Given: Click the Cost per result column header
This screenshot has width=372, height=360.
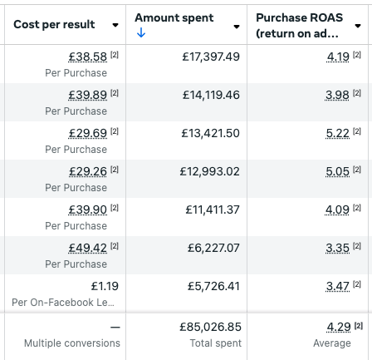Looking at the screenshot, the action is click(x=54, y=24).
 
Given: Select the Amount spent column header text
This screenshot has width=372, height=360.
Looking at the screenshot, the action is click(x=174, y=18).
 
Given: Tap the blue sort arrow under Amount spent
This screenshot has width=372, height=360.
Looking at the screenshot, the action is click(x=141, y=33).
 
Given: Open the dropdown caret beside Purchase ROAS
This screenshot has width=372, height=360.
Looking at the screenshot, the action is click(x=358, y=26).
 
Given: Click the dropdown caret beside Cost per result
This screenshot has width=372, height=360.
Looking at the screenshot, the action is click(x=115, y=25).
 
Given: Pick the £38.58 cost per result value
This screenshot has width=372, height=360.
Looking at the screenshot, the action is click(x=88, y=57).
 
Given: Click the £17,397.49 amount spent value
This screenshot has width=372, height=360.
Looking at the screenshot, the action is click(x=211, y=57).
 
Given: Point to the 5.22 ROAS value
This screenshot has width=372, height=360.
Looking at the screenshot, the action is click(x=338, y=133).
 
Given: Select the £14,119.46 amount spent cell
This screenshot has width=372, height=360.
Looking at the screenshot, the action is click(x=211, y=95).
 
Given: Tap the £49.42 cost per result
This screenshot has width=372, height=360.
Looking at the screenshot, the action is click(x=88, y=248).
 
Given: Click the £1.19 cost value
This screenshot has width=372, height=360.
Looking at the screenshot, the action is click(x=105, y=286).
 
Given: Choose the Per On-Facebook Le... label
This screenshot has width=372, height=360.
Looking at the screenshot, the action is click(x=63, y=303).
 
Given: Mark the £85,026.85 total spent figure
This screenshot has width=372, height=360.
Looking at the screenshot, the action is click(x=210, y=327).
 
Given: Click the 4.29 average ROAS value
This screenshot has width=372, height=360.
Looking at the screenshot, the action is click(x=339, y=327).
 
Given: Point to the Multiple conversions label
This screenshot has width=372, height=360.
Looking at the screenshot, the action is click(x=72, y=343).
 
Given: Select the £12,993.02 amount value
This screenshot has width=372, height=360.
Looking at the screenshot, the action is click(x=209, y=171).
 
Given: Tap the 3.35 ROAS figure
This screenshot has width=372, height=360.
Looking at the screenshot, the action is click(x=337, y=248).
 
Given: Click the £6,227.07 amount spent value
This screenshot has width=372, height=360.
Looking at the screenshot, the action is click(x=213, y=248).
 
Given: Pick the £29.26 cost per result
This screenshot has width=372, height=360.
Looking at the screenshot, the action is click(x=88, y=171).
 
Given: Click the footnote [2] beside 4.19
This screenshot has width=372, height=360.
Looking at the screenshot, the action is click(x=357, y=55).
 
